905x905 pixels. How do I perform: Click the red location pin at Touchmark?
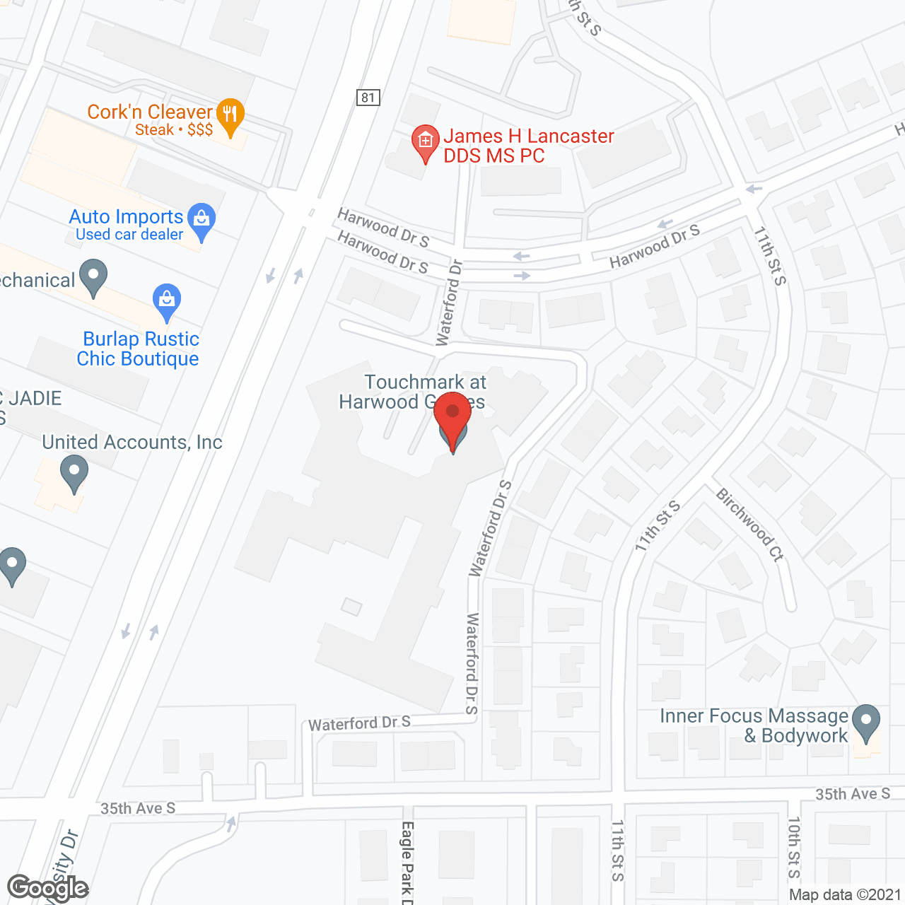[x=452, y=416]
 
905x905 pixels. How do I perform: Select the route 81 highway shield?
[x=368, y=98]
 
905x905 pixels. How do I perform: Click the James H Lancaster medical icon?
[x=425, y=142]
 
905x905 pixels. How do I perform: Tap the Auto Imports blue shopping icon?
[x=202, y=220]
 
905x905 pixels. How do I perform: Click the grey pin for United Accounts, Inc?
[x=74, y=472]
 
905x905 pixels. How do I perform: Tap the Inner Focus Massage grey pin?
[x=866, y=722]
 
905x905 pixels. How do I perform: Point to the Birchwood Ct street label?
[x=750, y=525]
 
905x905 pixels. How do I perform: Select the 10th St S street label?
[x=794, y=847]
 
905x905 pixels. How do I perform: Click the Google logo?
[x=47, y=888]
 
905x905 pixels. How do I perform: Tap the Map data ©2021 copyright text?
[x=845, y=894]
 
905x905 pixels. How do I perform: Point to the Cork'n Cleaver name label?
[x=150, y=112]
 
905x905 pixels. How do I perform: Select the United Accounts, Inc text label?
[x=132, y=443]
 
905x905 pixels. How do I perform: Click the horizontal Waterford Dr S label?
[x=359, y=723]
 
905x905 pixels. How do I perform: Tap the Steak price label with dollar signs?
[x=174, y=129]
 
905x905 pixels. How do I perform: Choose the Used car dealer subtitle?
[x=129, y=235]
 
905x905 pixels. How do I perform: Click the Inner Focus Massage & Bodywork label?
[x=754, y=726]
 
